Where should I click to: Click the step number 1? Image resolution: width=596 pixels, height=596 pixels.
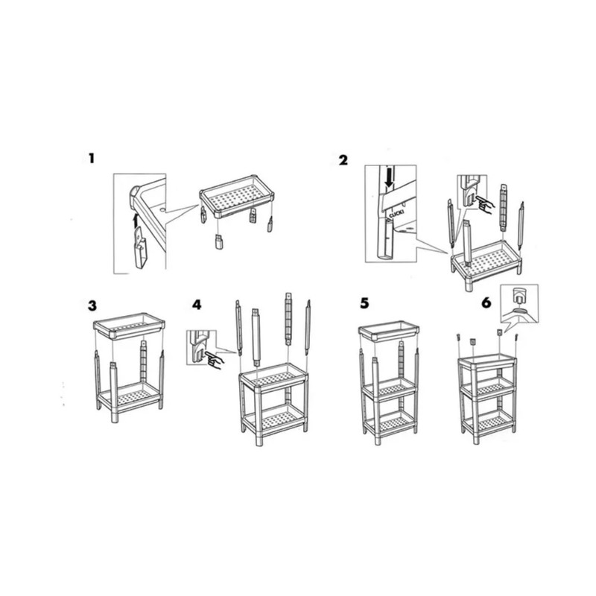coord(91,158)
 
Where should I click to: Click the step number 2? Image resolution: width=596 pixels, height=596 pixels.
coord(343,160)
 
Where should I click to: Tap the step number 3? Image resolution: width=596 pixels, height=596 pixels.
coord(92,306)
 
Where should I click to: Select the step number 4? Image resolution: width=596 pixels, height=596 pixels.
coord(197,305)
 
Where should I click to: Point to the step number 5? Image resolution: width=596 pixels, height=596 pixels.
coord(364,303)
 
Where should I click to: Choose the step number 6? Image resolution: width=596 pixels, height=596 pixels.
coord(486,303)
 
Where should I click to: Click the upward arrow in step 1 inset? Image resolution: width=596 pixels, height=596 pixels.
coord(135,221)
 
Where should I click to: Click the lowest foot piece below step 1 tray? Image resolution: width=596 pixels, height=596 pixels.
coord(218,242)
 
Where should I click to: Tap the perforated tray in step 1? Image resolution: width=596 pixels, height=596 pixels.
coord(237,197)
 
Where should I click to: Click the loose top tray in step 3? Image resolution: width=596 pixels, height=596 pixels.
coord(129,326)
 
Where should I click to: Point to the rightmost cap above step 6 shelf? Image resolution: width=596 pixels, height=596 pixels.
coord(516,337)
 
